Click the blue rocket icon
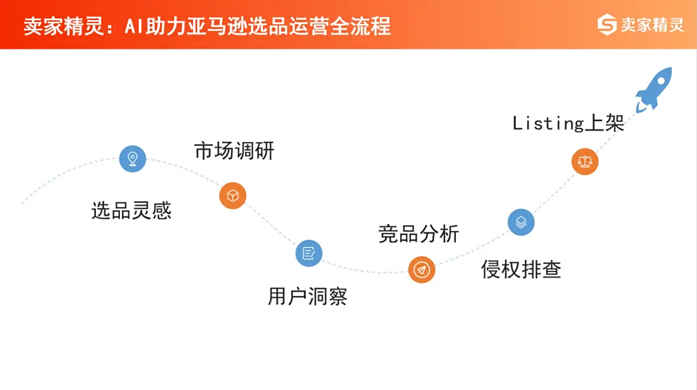tap(655, 89)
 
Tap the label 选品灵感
tap(131, 211)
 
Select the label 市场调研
tap(234, 151)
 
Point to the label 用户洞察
tap(307, 297)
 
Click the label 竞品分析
tap(419, 234)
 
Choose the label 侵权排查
tap(521, 270)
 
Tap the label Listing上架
tap(568, 123)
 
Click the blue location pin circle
tap(133, 158)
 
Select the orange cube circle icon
tap(232, 196)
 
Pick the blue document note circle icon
tap(309, 253)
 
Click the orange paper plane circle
tap(421, 270)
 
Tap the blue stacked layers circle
tap(521, 222)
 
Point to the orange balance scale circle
tap(585, 162)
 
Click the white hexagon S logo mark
tap(607, 25)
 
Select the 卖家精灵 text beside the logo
tap(652, 25)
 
